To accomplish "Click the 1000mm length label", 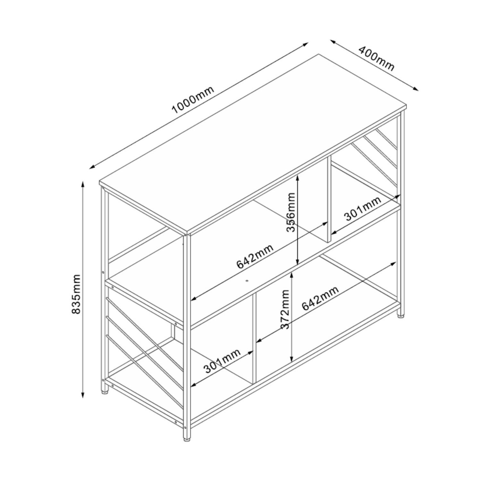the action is [192, 101].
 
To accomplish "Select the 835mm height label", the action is [76, 294].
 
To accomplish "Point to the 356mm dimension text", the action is [291, 212].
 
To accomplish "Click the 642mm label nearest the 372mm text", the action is [320, 298].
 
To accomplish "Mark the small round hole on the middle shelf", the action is [247, 281].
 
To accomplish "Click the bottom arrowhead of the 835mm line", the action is [83, 394].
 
